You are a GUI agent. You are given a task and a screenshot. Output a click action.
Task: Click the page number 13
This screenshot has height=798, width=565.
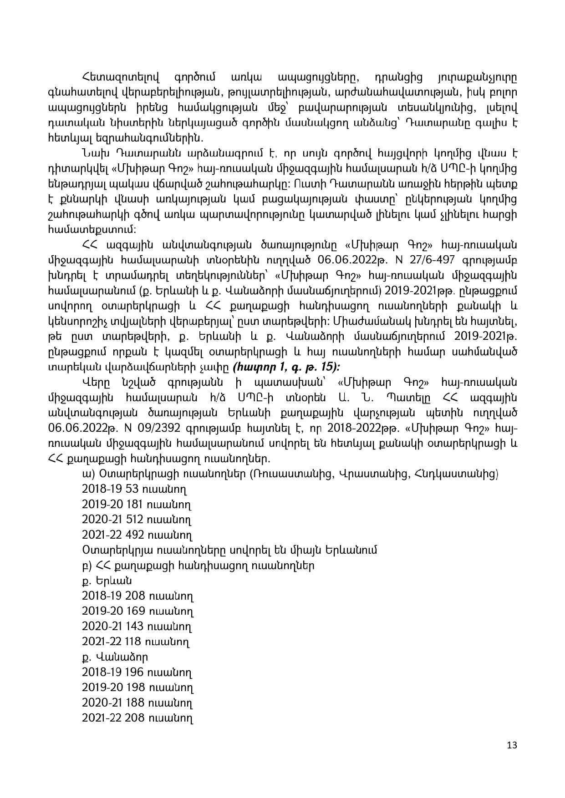[x=512, y=745]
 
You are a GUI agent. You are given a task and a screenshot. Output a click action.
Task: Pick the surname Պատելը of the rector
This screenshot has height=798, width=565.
[x=421, y=398]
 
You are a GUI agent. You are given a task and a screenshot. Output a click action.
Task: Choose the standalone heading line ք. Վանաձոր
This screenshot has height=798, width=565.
[x=115, y=657]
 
